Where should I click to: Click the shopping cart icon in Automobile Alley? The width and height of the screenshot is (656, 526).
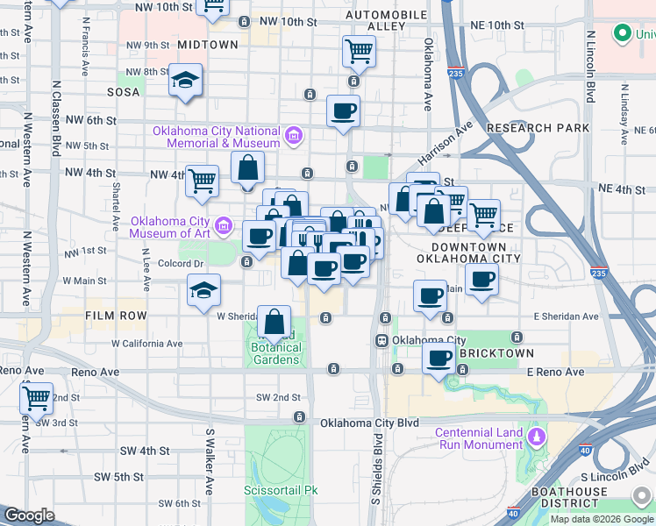[359, 52]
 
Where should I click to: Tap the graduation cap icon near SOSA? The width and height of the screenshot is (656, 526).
[185, 80]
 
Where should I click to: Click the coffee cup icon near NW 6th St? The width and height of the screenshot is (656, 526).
[343, 111]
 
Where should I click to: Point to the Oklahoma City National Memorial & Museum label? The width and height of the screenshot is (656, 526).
[216, 137]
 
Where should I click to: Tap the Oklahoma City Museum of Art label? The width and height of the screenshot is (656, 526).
[170, 226]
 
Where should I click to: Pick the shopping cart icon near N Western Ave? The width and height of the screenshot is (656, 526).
[36, 398]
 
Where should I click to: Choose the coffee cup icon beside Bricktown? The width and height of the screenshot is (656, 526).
[439, 357]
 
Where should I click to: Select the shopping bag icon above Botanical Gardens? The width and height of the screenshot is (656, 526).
[275, 322]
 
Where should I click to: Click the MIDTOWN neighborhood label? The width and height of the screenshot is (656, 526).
[207, 44]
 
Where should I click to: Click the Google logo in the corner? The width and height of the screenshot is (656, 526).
[30, 515]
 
